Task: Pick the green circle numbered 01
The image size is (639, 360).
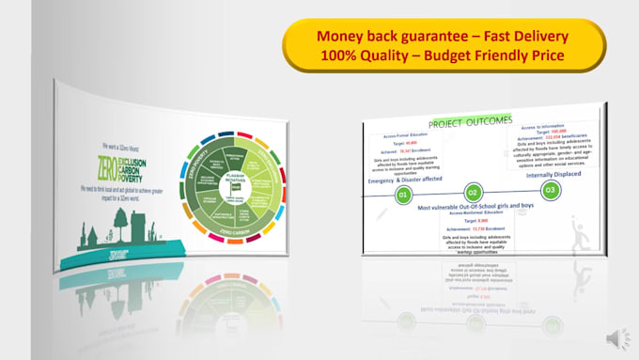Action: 402,195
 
